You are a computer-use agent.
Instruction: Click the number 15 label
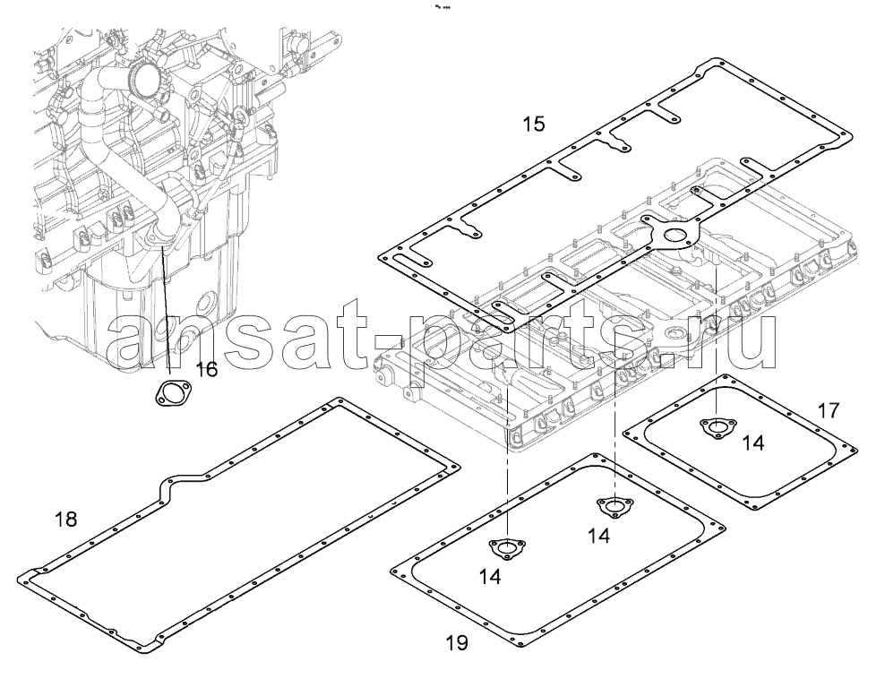pos(533,124)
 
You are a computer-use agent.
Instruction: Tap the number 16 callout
pos(206,370)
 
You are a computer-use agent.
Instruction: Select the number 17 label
pos(829,410)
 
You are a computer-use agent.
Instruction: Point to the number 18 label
pos(66,519)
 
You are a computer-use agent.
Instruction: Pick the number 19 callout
pos(457,642)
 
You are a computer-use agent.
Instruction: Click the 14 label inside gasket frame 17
pos(753,443)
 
